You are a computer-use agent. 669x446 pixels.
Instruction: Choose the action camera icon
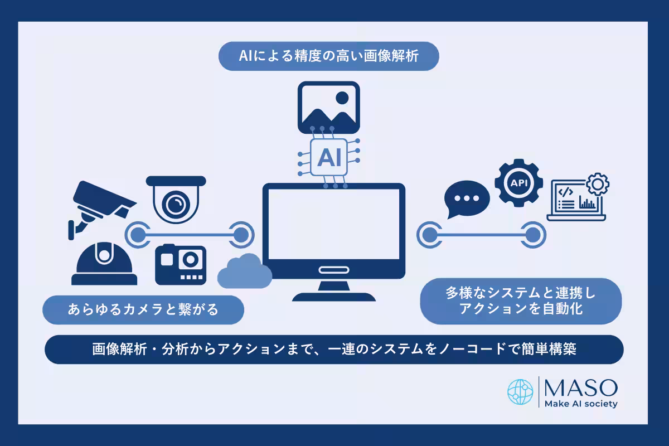coord(181,265)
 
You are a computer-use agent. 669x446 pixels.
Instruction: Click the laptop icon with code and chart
coord(577,198)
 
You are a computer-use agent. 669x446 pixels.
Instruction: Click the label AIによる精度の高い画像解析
coord(329,56)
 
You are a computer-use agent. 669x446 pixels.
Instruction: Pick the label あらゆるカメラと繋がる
coord(144,309)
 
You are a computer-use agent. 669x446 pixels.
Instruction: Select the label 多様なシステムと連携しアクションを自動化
coord(521,300)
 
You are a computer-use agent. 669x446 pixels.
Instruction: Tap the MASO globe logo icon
coord(520,392)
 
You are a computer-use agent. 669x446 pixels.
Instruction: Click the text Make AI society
coord(580,404)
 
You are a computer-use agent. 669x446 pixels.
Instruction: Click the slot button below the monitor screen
coord(333,270)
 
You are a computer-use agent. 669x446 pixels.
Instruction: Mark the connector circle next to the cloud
coord(240,234)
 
